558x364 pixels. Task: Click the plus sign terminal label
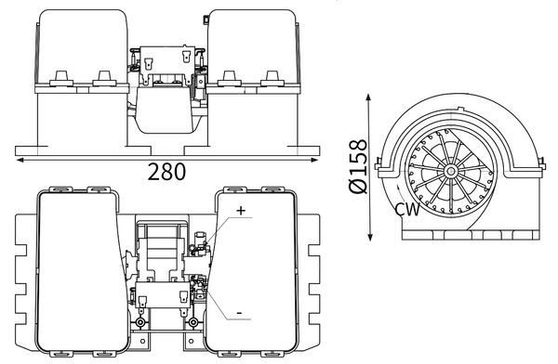241,211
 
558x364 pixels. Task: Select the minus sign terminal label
239,314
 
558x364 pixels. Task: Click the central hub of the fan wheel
450,171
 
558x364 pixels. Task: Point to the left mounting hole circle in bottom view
140,322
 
